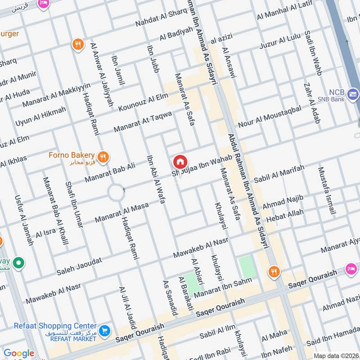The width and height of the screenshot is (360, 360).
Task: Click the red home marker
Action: tap(180, 162)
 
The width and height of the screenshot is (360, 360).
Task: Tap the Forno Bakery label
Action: tap(72, 155)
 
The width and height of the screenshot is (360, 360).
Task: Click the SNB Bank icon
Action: tap(353, 94)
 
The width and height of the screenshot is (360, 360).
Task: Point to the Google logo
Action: tap(19, 353)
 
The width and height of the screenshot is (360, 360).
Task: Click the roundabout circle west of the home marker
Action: tap(116, 193)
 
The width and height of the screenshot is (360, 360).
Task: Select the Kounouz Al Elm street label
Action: tap(143, 102)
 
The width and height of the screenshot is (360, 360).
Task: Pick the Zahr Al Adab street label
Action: tap(309, 102)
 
